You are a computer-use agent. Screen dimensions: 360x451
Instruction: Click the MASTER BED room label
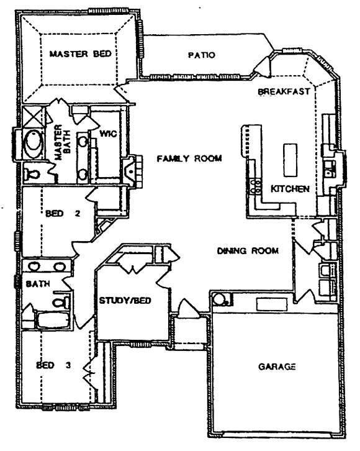[x=81, y=54]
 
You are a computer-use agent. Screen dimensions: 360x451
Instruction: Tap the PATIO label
[x=201, y=55]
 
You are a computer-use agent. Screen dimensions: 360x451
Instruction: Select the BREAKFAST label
[x=284, y=91]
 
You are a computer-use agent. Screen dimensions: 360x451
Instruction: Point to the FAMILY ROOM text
[x=189, y=158]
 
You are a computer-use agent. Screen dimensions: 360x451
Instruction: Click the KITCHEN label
[x=290, y=189]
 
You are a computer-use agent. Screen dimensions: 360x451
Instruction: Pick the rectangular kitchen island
[x=290, y=160]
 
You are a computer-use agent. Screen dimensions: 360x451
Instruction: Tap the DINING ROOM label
[x=248, y=250]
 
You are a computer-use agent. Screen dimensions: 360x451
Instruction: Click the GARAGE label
[x=277, y=367]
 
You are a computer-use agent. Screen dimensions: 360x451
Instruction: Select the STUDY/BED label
[x=125, y=301]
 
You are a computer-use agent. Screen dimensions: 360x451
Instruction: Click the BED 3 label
[x=53, y=365]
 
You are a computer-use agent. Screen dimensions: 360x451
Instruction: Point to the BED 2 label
[x=63, y=214]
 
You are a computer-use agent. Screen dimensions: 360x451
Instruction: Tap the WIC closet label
[x=108, y=134]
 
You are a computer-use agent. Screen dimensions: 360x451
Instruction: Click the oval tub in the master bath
[x=34, y=144]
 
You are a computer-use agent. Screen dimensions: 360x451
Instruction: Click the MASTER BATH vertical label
[x=63, y=142]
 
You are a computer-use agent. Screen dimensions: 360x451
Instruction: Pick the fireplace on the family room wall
[x=132, y=171]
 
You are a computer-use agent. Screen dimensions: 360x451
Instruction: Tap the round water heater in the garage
[x=220, y=299]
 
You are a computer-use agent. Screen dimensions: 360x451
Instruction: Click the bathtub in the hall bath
[x=53, y=320]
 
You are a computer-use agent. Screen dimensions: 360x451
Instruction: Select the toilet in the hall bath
[x=61, y=302]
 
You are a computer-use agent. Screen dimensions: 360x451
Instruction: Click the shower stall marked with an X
[x=34, y=117]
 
